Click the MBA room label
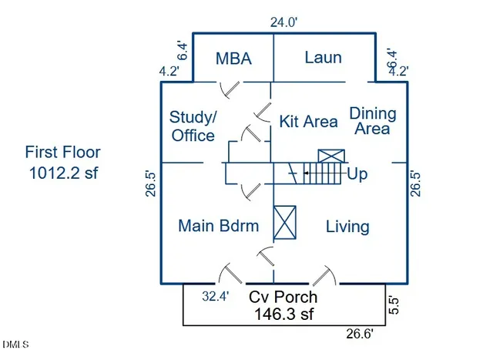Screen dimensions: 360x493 point(233,59)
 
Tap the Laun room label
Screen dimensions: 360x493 point(323,57)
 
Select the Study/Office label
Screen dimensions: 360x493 point(193,126)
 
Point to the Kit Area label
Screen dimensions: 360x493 point(308,121)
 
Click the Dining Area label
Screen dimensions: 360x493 point(373,121)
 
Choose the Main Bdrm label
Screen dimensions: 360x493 point(219,226)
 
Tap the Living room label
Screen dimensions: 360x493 point(347,227)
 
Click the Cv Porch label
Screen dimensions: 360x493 point(283,297)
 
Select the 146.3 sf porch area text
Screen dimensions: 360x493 point(283,314)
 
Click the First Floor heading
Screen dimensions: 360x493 point(62,153)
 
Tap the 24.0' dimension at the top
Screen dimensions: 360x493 point(283,23)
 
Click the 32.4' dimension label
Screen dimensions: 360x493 point(215,295)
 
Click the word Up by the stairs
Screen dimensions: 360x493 point(357,174)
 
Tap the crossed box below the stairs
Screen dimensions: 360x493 point(285,224)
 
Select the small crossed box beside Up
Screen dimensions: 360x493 point(330,155)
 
